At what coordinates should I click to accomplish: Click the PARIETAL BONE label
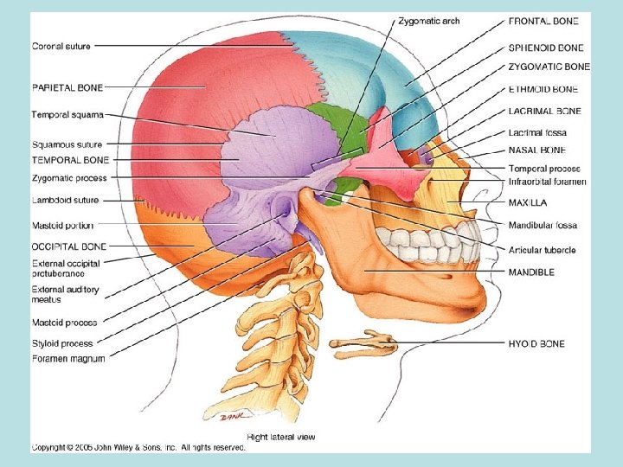[67, 86]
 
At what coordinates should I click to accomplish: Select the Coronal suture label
[61, 46]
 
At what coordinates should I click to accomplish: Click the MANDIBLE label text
[531, 272]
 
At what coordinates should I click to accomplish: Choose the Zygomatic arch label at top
[428, 21]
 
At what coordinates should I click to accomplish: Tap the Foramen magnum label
[68, 358]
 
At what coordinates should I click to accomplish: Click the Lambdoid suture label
[65, 200]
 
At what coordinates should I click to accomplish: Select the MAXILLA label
[527, 202]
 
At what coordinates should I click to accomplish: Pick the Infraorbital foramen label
[547, 182]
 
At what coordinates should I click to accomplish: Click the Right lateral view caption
[281, 436]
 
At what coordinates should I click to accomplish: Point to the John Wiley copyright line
[138, 447]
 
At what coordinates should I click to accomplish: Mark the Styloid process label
[62, 343]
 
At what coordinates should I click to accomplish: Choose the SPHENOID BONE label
[546, 48]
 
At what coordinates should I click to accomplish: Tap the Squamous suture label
[67, 144]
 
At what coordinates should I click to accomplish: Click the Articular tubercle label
[543, 250]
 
